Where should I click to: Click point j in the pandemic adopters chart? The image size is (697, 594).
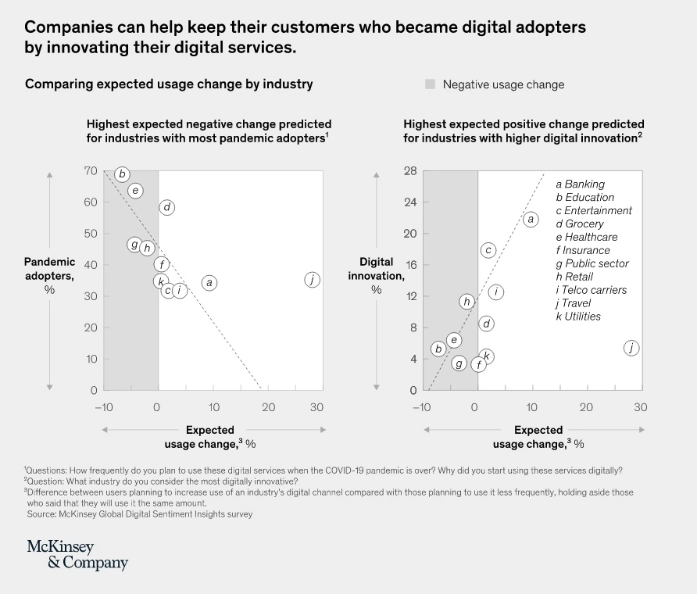tap(312, 280)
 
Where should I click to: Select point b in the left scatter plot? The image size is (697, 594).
tap(121, 174)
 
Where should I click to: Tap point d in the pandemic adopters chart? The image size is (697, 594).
tap(166, 207)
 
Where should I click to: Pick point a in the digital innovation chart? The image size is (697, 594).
tap(531, 220)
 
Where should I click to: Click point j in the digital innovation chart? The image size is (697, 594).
tap(631, 349)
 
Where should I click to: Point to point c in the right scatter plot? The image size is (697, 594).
tap(488, 250)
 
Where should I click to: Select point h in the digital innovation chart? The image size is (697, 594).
tap(466, 302)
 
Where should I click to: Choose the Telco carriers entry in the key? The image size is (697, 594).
tap(591, 290)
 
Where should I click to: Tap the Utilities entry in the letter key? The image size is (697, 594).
tap(578, 317)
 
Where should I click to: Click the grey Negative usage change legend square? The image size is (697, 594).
tap(430, 84)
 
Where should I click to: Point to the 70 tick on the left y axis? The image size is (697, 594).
tap(91, 171)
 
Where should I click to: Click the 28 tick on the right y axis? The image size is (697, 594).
tap(409, 171)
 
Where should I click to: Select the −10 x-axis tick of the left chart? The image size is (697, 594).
tap(103, 407)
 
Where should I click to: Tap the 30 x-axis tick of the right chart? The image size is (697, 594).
tap(641, 407)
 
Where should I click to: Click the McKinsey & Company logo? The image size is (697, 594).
tap(77, 554)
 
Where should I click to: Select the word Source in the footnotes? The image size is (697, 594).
tap(43, 514)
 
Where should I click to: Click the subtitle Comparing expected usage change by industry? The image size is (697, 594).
tap(169, 84)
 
